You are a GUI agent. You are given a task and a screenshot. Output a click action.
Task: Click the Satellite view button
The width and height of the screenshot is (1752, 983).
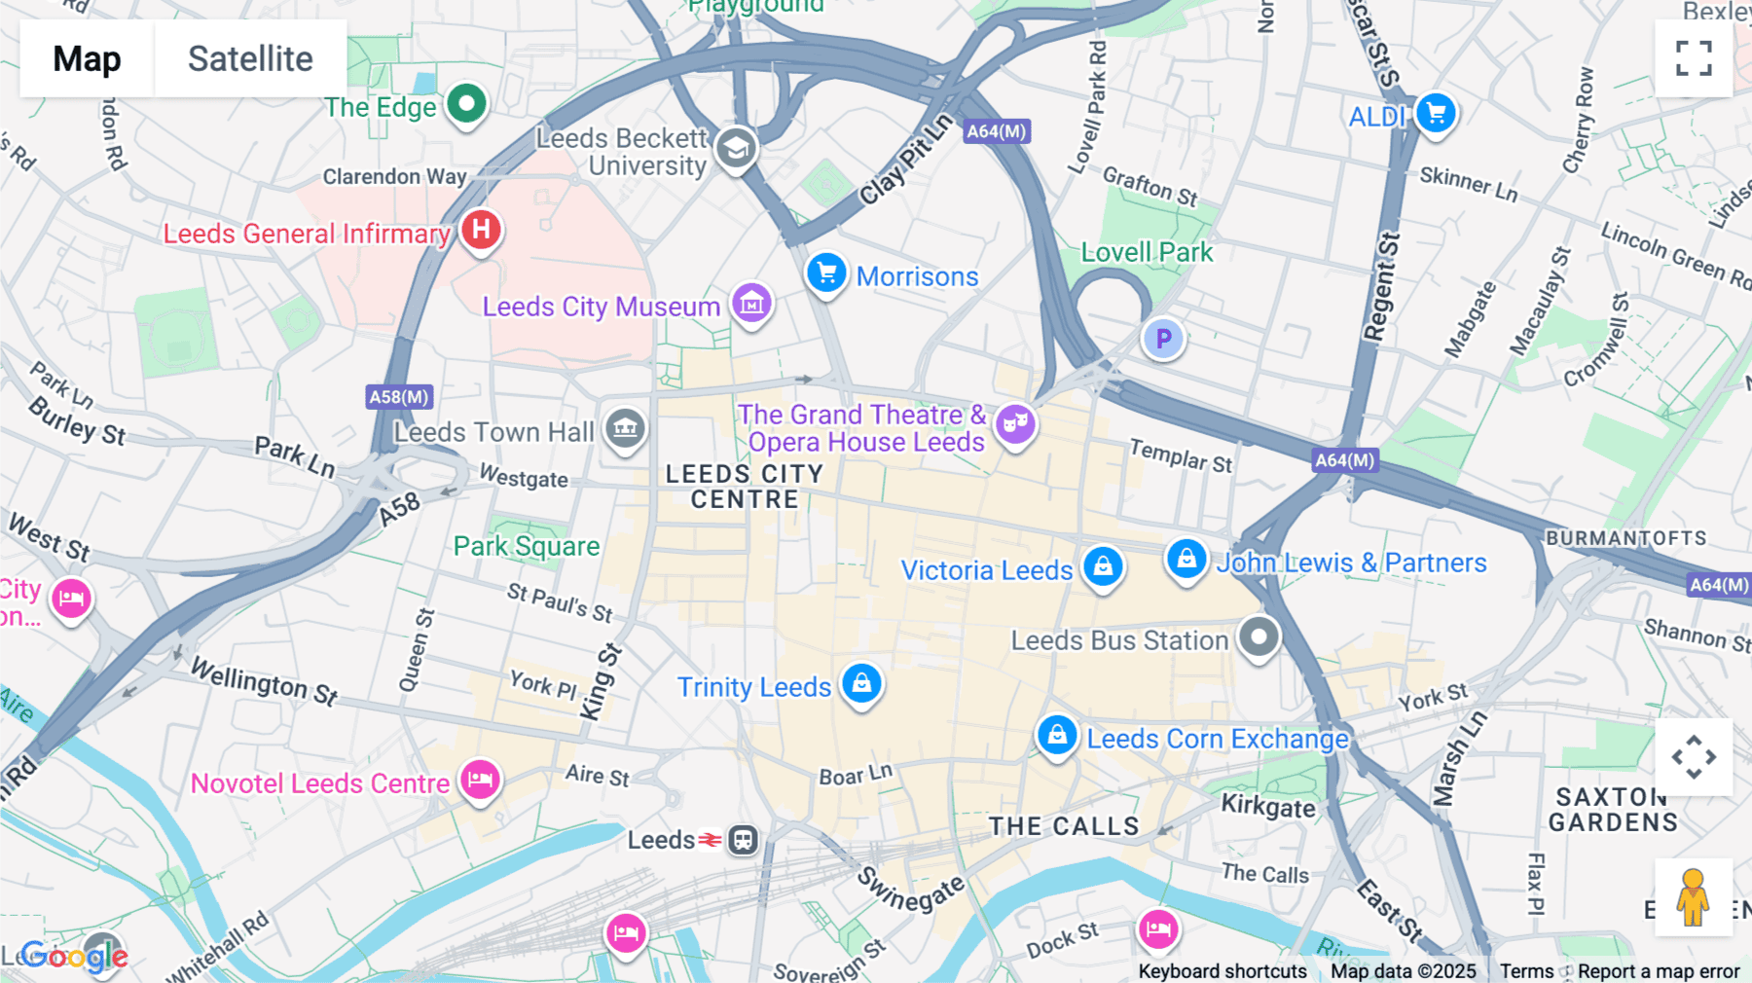point(250,58)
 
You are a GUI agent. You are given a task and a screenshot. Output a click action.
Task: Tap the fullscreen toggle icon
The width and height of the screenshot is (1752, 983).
point(1694,58)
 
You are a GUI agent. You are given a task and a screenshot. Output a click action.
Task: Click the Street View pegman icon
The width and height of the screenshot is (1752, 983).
point(1694,896)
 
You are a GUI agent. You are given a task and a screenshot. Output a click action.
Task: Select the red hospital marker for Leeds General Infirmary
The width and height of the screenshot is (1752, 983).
point(481,231)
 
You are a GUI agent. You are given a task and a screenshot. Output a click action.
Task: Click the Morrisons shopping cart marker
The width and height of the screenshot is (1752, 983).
point(826,273)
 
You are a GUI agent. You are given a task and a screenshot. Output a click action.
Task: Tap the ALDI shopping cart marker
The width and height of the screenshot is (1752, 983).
point(1436,114)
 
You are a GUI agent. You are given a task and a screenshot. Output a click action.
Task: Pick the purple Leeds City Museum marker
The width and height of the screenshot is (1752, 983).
point(751,304)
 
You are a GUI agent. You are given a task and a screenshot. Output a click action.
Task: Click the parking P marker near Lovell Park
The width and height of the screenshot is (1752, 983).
point(1162,339)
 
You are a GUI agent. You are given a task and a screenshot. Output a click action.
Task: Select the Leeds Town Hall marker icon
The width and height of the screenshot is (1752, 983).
point(625,427)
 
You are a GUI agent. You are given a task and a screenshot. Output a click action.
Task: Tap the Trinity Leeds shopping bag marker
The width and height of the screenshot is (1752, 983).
point(861,683)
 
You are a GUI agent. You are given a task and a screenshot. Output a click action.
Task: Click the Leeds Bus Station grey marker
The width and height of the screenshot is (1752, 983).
point(1259,637)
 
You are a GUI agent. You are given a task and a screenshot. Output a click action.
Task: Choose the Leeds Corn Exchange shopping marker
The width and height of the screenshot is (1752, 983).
point(1057,735)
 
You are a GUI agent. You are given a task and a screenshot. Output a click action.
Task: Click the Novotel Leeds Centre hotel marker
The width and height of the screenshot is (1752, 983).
point(480,780)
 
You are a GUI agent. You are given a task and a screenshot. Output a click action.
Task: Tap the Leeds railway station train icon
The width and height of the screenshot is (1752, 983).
point(744,839)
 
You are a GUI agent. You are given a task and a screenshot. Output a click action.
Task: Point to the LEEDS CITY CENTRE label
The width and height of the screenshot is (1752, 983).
point(745,487)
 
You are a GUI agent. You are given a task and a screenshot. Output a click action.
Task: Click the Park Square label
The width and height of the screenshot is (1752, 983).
point(527,546)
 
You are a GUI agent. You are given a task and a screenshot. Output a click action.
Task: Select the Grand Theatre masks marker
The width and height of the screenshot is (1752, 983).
point(1015,423)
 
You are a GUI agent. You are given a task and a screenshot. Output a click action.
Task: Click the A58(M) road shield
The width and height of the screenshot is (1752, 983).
point(399,397)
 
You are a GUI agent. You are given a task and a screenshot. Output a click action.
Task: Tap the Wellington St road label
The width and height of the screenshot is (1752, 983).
point(264,680)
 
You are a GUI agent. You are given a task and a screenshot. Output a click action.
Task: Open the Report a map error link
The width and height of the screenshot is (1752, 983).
point(1659,971)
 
